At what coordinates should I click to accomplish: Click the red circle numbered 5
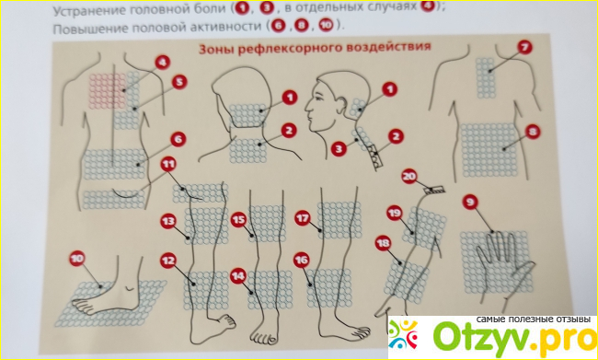[x=179, y=83]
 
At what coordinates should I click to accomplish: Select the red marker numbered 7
[x=524, y=47]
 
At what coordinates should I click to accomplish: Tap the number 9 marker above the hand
[x=470, y=203]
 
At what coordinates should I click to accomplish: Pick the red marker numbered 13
[x=167, y=221]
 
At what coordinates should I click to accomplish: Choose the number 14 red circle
[x=238, y=276]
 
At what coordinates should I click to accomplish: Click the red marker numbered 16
[x=301, y=261]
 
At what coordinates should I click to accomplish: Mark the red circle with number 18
[x=383, y=243]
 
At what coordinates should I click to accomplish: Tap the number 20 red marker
[x=409, y=177]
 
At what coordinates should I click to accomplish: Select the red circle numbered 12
[x=168, y=261]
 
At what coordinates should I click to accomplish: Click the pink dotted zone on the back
[x=107, y=91]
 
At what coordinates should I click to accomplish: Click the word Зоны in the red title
[x=214, y=51]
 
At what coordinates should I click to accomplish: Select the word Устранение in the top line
[x=83, y=11]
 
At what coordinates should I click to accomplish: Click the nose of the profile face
[x=308, y=108]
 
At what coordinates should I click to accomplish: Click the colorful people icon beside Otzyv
[x=403, y=335]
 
